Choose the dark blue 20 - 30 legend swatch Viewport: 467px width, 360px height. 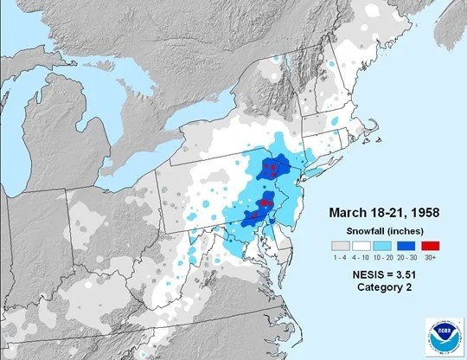(403, 247)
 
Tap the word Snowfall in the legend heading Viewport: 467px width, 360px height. (362, 230)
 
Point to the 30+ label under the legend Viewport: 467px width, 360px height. (425, 259)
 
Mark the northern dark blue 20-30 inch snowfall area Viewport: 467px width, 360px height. (273, 166)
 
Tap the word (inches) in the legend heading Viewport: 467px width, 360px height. (405, 230)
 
